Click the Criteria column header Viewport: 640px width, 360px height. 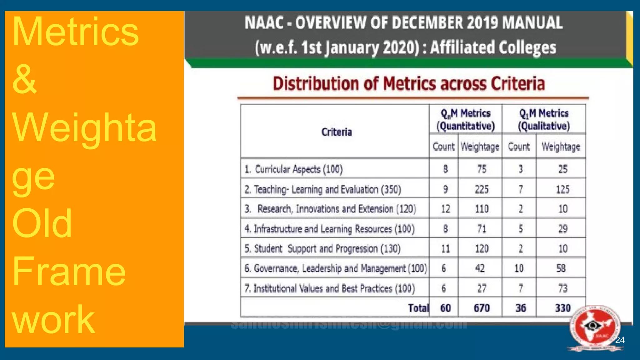[337, 132]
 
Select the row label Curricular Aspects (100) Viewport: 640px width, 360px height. [293, 169]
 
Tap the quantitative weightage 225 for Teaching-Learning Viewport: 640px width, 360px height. [482, 189]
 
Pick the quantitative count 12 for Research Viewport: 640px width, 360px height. [445, 209]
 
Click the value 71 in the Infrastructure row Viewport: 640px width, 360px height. [482, 229]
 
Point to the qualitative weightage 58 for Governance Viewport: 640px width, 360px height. [561, 268]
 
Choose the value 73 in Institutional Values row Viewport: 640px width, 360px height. [562, 288]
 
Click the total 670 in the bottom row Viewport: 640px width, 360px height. [482, 308]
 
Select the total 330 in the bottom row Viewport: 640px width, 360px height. [562, 308]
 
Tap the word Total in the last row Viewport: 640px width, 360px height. [418, 308]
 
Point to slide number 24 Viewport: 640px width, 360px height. [620, 340]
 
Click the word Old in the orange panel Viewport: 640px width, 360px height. [42, 223]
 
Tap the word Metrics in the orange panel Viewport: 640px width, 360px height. [75, 32]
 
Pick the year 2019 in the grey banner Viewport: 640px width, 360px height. [482, 23]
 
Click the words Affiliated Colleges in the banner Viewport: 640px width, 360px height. [493, 47]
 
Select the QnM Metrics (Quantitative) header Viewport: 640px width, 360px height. [465, 119]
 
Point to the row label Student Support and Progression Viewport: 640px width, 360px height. [322, 248]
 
